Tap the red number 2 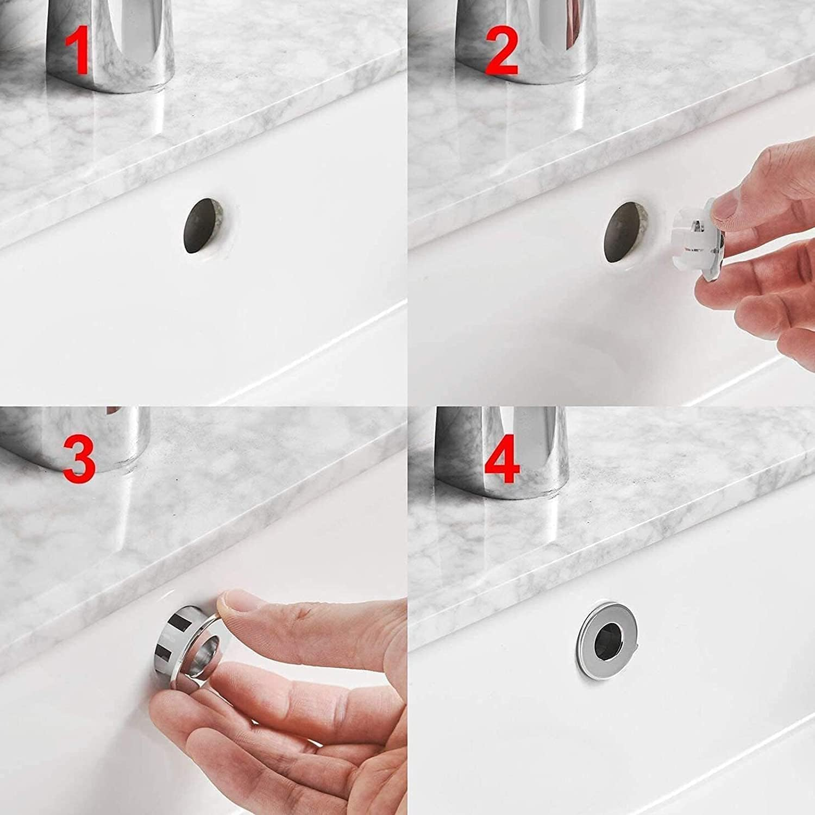pyautogui.click(x=501, y=49)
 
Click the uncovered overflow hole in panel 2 pyautogui.click(x=625, y=228)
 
